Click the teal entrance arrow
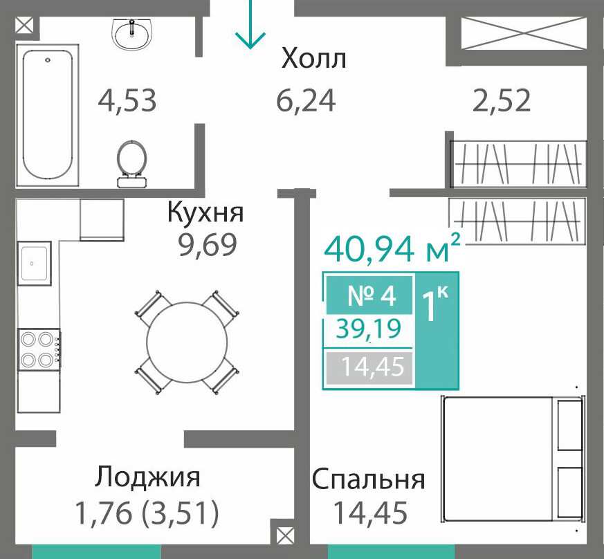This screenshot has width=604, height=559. (250, 24)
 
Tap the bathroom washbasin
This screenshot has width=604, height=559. (133, 34)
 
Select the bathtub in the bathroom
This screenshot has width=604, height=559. (47, 116)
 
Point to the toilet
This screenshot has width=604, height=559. (131, 164)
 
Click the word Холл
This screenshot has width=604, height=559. (313, 59)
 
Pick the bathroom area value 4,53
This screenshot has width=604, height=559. (127, 100)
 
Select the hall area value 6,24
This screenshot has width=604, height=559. (306, 100)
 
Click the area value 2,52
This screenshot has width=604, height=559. (502, 100)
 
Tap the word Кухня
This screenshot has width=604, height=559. (205, 212)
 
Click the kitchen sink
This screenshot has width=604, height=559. (35, 264)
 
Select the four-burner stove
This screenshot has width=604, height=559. (39, 350)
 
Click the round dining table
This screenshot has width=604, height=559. (187, 342)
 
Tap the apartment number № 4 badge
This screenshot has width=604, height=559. (369, 296)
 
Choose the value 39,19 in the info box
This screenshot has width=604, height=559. (369, 329)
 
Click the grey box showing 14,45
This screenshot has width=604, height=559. (369, 367)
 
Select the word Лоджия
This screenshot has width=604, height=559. (148, 478)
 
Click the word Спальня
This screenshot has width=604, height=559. (368, 479)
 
